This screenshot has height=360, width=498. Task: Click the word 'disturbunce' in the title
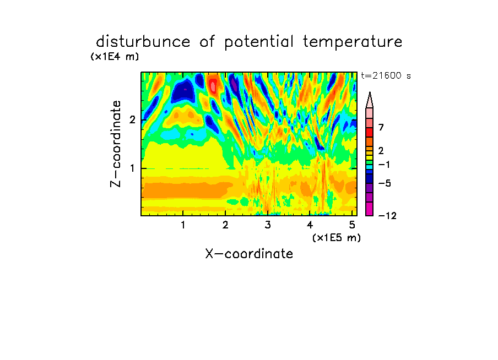pyautogui.click(x=143, y=42)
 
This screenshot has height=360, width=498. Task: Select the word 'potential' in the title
pyautogui.click(x=259, y=42)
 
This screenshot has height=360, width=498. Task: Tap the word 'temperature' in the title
pyautogui.click(x=353, y=42)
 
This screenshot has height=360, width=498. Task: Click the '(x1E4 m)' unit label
pyautogui.click(x=115, y=57)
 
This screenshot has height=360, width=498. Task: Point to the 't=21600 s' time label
pyautogui.click(x=386, y=75)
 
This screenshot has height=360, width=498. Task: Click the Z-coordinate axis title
pyautogui.click(x=116, y=144)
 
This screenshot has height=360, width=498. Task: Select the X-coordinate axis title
pyautogui.click(x=249, y=254)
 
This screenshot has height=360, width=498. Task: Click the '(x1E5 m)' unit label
pyautogui.click(x=337, y=237)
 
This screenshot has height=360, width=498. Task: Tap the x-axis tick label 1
pyautogui.click(x=183, y=225)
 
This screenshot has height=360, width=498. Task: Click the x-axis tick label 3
pyautogui.click(x=268, y=225)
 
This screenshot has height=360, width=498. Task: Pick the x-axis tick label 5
pyautogui.click(x=352, y=225)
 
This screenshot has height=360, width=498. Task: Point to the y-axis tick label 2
pyautogui.click(x=132, y=119)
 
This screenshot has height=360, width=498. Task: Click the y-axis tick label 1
pyautogui.click(x=132, y=168)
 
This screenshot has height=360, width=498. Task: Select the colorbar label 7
pyautogui.click(x=381, y=127)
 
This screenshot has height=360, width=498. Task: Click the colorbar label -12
pyautogui.click(x=387, y=216)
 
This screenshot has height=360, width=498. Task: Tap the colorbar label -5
pyautogui.click(x=385, y=183)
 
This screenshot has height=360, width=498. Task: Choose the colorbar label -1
pyautogui.click(x=384, y=165)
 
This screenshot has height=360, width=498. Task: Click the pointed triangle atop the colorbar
pyautogui.click(x=370, y=100)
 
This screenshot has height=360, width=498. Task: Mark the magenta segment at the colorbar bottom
pyautogui.click(x=370, y=209)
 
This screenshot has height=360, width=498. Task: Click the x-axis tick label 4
pyautogui.click(x=310, y=225)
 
